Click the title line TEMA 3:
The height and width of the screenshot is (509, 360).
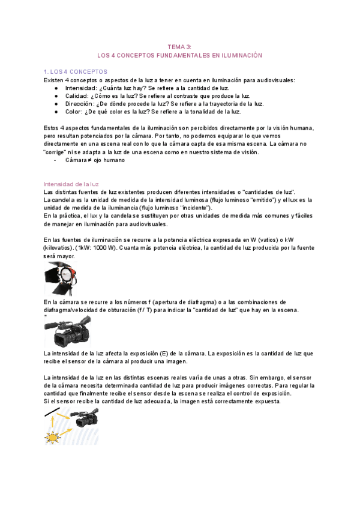tap(180, 46)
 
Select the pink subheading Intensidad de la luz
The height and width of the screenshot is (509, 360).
tap(72, 183)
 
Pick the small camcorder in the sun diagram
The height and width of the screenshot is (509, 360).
tap(84, 417)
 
